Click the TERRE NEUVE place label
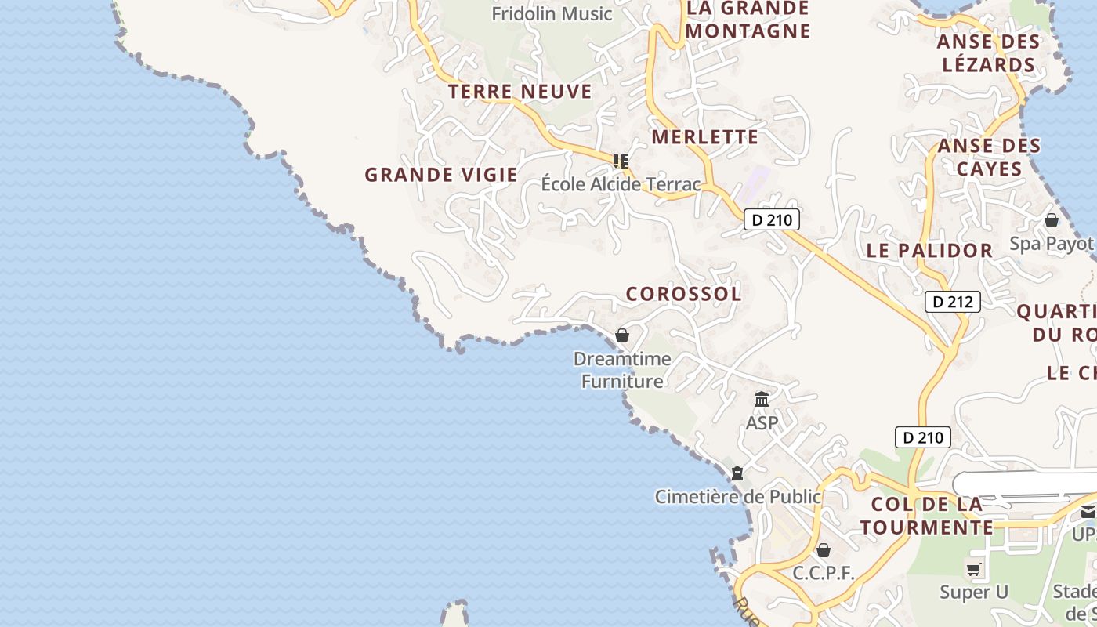520,92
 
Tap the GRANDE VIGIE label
441,175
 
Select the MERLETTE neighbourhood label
705,137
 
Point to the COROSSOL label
683,294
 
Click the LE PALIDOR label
929,251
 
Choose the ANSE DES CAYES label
990,157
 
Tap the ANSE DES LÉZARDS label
989,53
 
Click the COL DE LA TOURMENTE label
927,516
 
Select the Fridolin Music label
552,13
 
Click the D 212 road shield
953,302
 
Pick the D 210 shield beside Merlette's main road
772,220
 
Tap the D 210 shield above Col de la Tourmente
923,437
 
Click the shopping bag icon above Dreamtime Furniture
622,335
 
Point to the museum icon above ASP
762,400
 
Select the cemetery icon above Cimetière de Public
737,473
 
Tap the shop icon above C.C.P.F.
823,550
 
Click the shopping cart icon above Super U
974,570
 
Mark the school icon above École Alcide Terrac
621,161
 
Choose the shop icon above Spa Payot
1052,220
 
